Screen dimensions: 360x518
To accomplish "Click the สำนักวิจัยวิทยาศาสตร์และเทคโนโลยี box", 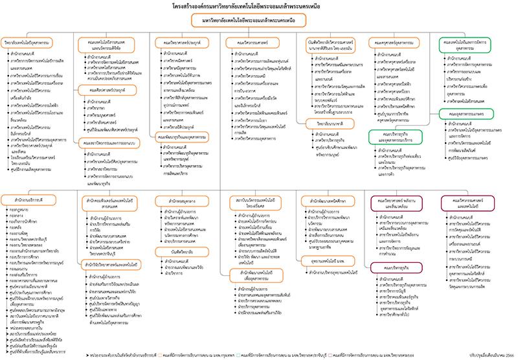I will [113, 264].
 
